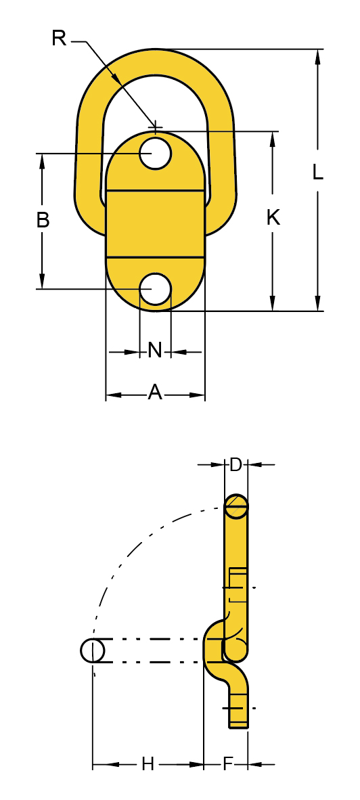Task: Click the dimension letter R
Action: [59, 39]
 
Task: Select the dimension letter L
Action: [317, 173]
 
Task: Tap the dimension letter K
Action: [273, 218]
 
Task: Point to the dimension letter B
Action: [43, 220]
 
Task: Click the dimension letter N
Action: [155, 350]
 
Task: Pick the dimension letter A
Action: [155, 391]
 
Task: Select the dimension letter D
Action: [235, 464]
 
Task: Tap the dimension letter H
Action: [148, 765]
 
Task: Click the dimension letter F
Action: [228, 765]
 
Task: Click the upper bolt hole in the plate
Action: [156, 153]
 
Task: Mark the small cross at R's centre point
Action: [156, 127]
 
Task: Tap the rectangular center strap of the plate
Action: [156, 223]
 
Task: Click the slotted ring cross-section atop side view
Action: [236, 506]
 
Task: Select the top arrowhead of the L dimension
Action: [317, 55]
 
